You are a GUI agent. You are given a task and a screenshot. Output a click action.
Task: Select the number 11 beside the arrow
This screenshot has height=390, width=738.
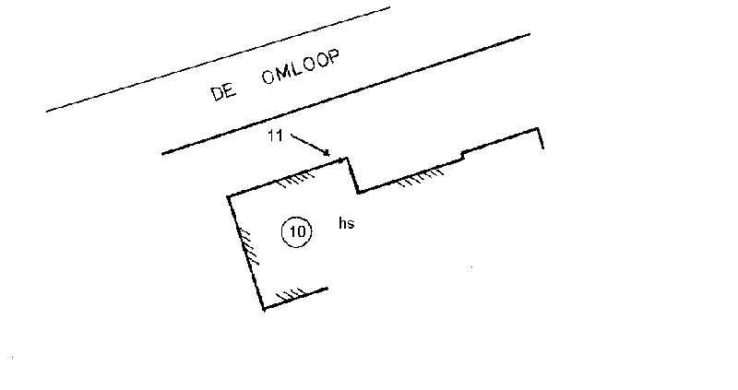[x=275, y=136]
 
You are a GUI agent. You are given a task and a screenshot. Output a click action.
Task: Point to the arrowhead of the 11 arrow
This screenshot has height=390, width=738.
[x=329, y=154]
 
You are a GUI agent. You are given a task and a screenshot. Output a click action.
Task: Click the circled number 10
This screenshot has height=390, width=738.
[x=296, y=232]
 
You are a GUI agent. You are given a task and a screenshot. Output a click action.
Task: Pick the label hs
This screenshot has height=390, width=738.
[x=347, y=224]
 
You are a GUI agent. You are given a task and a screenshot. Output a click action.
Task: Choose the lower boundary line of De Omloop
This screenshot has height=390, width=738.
[x=346, y=93]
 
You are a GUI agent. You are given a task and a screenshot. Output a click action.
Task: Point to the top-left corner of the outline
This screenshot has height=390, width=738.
[x=228, y=196]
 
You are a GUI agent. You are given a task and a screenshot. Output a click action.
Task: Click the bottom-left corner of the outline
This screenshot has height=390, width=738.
[x=264, y=308]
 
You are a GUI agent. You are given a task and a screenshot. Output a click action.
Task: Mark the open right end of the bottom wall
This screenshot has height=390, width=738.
[x=327, y=289]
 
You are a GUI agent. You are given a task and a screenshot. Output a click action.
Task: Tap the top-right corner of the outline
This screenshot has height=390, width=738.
[x=538, y=130]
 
